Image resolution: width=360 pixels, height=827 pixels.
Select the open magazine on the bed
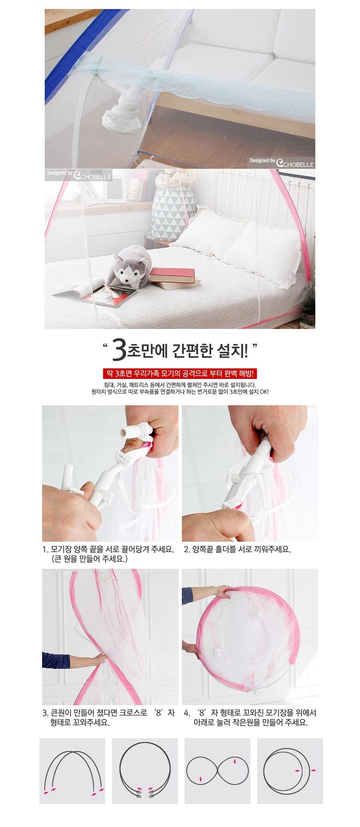click(x=94, y=292)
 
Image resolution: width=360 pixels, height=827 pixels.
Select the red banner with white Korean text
click(x=180, y=374)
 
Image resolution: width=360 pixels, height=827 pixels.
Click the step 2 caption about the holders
click(x=237, y=549)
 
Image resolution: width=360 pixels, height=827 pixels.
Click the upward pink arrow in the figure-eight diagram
click(x=235, y=762)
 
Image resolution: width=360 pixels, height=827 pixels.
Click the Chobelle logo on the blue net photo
click(x=282, y=162)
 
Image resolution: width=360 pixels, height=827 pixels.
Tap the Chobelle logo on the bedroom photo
click(x=79, y=174)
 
